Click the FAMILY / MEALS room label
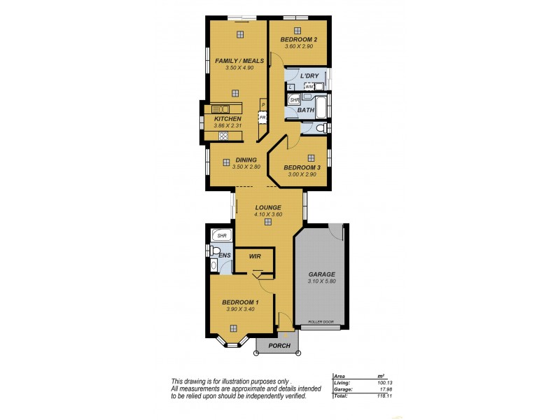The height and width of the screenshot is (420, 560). (x=234, y=61)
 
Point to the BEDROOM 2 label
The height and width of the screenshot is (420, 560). (x=299, y=40)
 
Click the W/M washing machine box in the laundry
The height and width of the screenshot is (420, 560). (x=318, y=86)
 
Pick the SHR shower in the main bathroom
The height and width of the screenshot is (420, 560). (x=294, y=100)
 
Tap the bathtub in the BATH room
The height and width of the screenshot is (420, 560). (x=321, y=108)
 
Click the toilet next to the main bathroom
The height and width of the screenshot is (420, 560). (x=319, y=128)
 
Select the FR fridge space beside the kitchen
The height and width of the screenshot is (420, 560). (x=262, y=118)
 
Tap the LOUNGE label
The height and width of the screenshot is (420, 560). (x=268, y=207)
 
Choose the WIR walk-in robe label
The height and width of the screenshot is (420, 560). (x=254, y=257)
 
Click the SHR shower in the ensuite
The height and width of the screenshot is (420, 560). (x=222, y=236)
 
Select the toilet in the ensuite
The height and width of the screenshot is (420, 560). (x=214, y=266)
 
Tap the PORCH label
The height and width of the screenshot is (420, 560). (x=278, y=345)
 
